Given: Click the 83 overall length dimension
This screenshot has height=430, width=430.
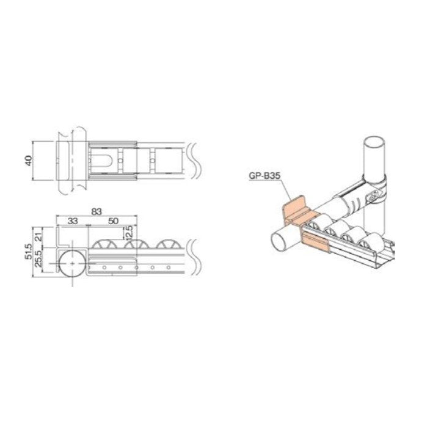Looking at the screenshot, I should [x=96, y=211].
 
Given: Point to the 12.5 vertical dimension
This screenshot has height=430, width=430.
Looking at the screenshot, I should [x=129, y=233].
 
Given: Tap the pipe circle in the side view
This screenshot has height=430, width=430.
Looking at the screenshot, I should [x=72, y=263].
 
